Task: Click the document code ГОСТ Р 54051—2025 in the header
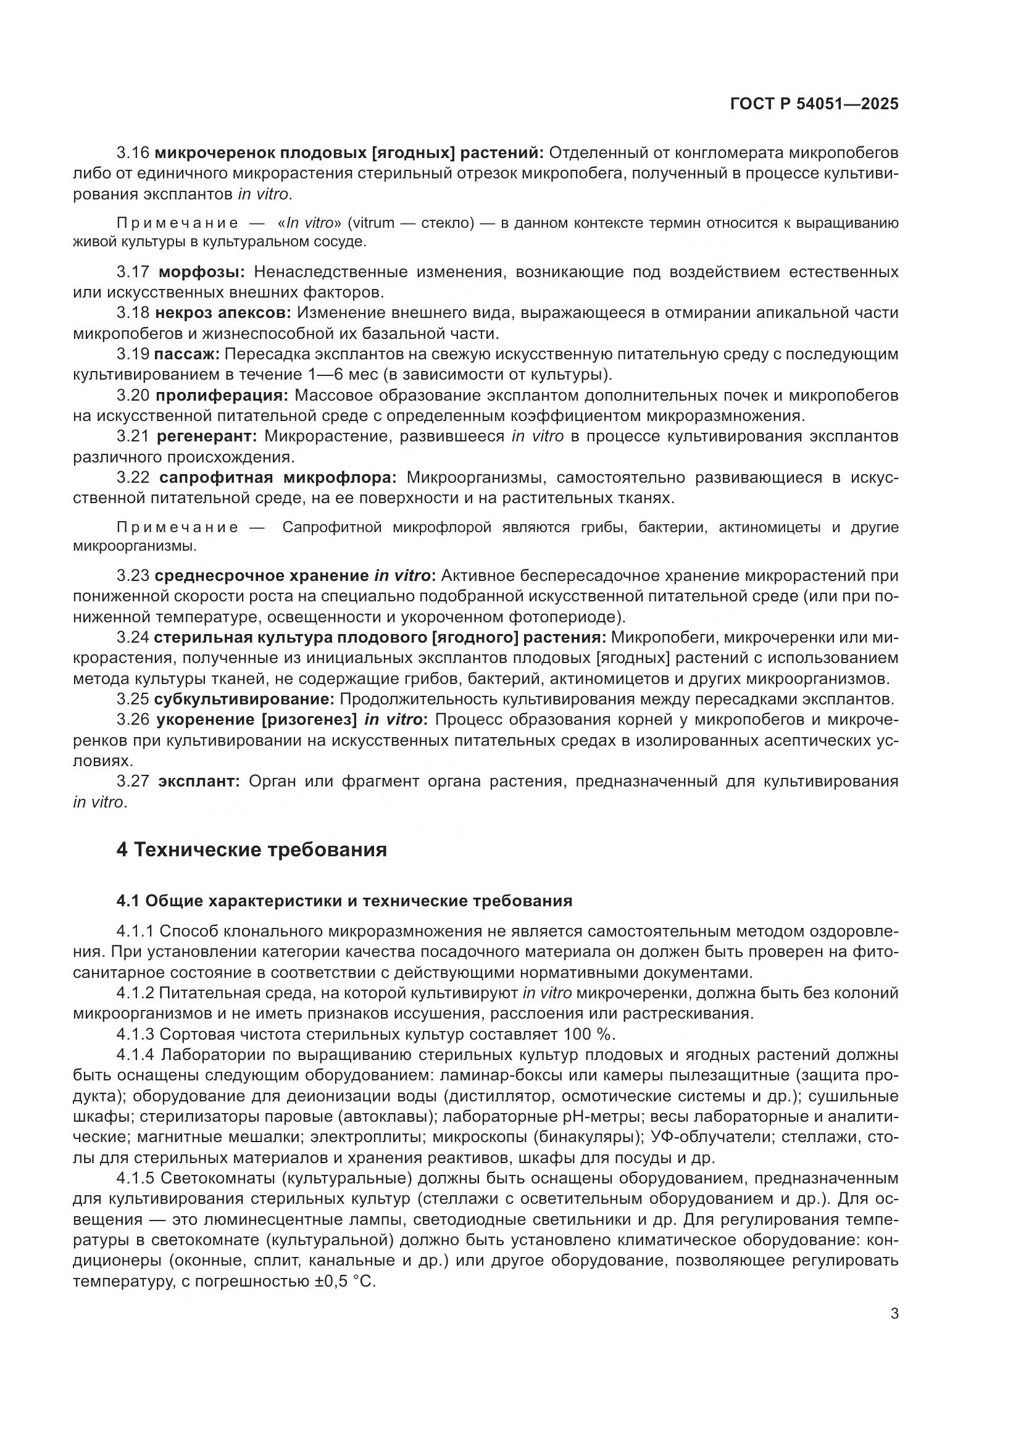(x=814, y=104)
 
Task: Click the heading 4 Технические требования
(x=251, y=849)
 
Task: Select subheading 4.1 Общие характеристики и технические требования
(x=344, y=901)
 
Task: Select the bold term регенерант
(x=207, y=436)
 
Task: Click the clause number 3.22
(x=133, y=478)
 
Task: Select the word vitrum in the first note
(x=370, y=223)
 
